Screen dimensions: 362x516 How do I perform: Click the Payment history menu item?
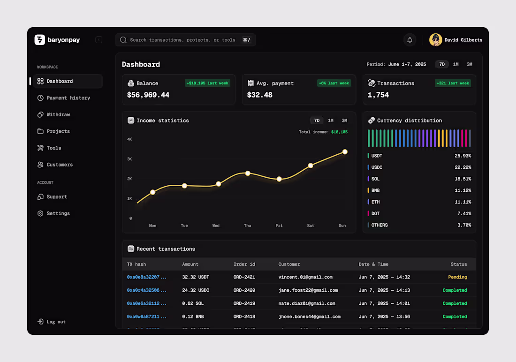pos(68,98)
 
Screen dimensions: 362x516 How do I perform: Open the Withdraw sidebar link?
pos(58,115)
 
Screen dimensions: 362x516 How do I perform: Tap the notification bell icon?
pos(410,40)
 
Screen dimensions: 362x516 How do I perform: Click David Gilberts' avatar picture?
pos(436,40)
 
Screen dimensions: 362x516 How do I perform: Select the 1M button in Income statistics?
pos(331,121)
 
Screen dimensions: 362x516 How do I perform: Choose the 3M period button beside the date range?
pos(470,64)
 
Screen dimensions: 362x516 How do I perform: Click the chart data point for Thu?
pos(248,173)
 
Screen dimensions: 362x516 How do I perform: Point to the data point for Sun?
pos(345,151)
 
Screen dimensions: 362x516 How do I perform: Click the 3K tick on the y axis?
pos(129,159)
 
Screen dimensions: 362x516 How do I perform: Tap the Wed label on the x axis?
pos(216,226)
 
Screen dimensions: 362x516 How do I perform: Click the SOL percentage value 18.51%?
pos(463,179)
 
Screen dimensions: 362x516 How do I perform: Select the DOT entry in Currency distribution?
pos(375,214)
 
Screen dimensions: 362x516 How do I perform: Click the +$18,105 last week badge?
pos(207,83)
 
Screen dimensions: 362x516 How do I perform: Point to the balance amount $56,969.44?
pos(148,95)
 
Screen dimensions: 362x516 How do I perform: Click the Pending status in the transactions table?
pos(457,277)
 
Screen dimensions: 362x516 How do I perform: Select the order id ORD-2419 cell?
pos(244,303)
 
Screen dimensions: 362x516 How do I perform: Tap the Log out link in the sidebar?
pos(56,322)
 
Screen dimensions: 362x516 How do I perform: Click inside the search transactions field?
pos(182,40)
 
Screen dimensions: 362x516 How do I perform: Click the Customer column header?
pos(289,264)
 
